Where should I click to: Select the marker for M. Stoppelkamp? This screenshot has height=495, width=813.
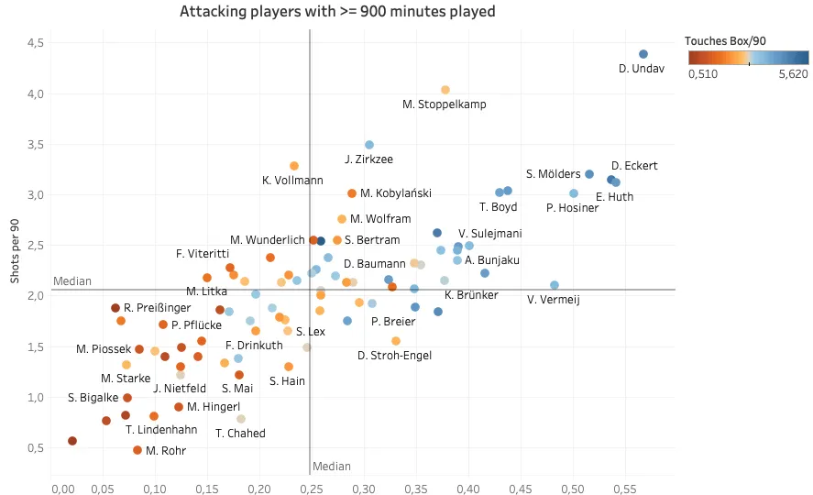(445, 90)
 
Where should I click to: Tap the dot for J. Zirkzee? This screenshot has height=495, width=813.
(369, 145)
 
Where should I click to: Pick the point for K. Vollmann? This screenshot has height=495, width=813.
(294, 166)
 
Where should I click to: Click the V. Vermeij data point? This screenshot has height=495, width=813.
(555, 285)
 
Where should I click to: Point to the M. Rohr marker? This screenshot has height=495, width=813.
(137, 450)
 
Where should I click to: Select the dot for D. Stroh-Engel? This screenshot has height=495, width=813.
(396, 341)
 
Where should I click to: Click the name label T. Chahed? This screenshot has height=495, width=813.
(240, 434)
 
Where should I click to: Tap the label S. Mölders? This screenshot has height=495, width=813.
(554, 174)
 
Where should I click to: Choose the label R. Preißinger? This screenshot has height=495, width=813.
(158, 308)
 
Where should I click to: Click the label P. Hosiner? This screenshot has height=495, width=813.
(572, 208)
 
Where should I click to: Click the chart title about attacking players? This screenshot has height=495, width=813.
(338, 12)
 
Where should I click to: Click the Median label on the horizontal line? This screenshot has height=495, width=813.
(72, 281)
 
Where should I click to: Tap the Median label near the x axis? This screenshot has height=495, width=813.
(332, 467)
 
